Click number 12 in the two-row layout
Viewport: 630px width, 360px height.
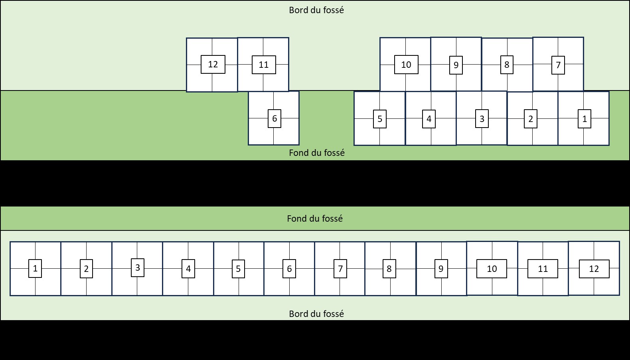[213, 65]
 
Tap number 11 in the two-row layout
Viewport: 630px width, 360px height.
[264, 65]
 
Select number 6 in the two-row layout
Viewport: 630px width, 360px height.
[275, 119]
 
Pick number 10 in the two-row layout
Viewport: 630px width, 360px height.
[406, 65]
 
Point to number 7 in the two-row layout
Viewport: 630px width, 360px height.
[558, 65]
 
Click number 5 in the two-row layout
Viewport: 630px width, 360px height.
[380, 119]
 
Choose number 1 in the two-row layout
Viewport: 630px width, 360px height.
[585, 119]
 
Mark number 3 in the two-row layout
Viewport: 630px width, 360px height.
[482, 119]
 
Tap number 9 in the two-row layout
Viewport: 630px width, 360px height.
[456, 65]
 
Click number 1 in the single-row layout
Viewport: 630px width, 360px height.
[35, 269]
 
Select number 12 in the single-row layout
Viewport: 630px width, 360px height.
[594, 269]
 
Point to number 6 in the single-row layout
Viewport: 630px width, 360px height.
[289, 269]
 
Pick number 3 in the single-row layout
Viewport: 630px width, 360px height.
[138, 268]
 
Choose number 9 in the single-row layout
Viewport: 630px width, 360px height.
[441, 269]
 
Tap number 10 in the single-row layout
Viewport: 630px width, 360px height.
[492, 269]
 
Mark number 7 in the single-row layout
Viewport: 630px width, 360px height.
[340, 269]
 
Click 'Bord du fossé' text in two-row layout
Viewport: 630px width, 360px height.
[316, 10]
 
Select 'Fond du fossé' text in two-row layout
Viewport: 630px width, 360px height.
[317, 153]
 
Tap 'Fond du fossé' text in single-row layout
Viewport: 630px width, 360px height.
[315, 218]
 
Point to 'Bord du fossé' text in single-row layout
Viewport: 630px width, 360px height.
[316, 314]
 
